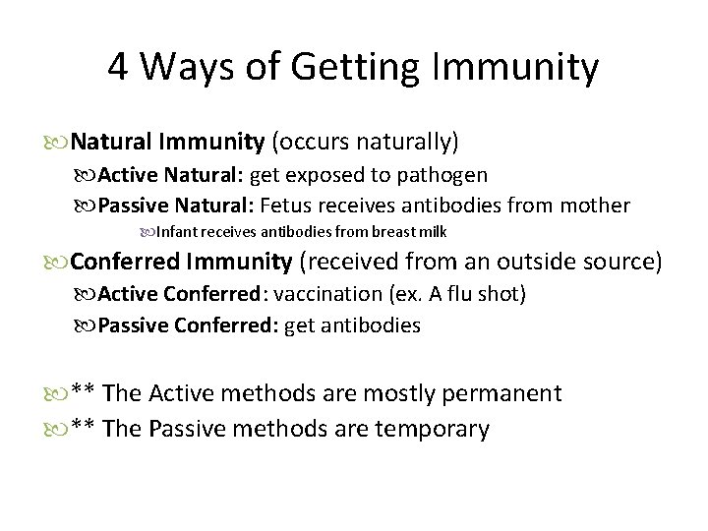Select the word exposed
(327, 177)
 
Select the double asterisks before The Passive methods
(83, 429)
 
